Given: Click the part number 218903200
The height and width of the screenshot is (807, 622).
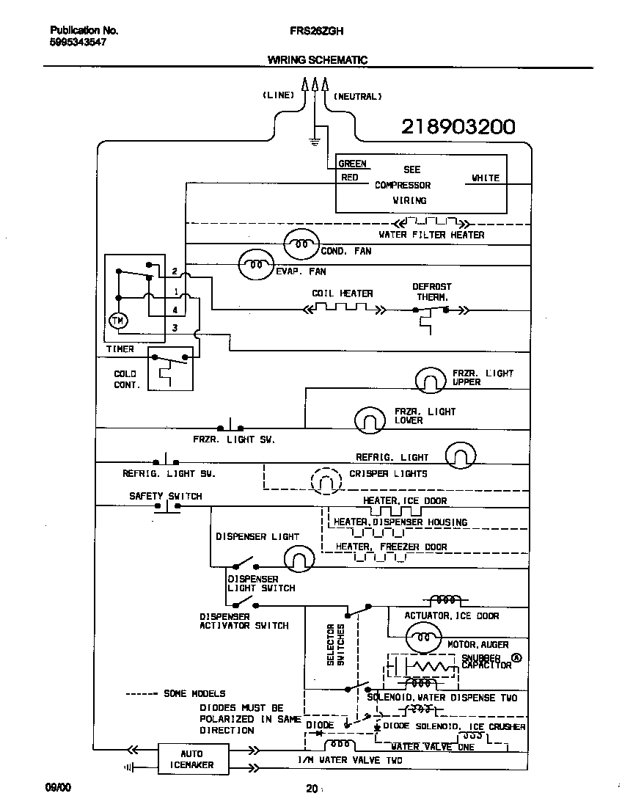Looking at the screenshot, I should pyautogui.click(x=458, y=127).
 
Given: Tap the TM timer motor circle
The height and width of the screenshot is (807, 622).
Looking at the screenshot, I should pyautogui.click(x=117, y=321).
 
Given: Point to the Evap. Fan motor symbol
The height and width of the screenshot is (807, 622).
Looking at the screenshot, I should pyautogui.click(x=255, y=265).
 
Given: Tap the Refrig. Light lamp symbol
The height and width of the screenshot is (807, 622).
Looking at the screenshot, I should pyautogui.click(x=461, y=455).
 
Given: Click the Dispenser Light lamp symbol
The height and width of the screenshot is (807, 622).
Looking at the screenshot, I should pyautogui.click(x=299, y=560).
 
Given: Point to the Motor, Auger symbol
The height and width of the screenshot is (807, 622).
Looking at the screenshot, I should pyautogui.click(x=422, y=638).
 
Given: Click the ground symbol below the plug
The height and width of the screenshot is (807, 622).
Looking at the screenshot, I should pyautogui.click(x=315, y=139).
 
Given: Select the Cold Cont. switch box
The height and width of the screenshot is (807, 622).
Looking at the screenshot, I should pyautogui.click(x=172, y=369).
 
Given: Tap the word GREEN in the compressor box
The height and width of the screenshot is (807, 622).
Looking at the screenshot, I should pyautogui.click(x=352, y=164).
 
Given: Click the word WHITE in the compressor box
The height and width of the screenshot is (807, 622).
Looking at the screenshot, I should pyautogui.click(x=485, y=178).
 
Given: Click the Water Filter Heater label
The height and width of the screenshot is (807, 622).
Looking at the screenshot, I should pyautogui.click(x=431, y=235).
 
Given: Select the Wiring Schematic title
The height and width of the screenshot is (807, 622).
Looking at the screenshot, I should pyautogui.click(x=317, y=60).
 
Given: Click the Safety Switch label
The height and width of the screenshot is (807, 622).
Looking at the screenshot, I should pyautogui.click(x=165, y=496).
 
